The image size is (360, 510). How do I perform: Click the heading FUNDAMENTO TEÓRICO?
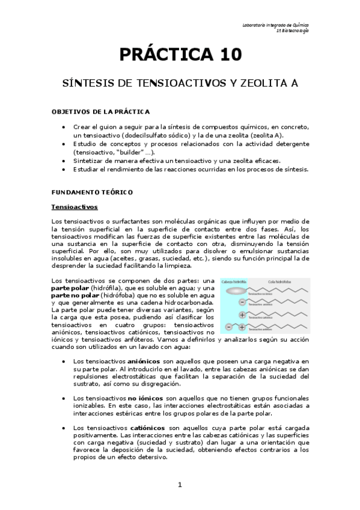pyautogui.click(x=87, y=191)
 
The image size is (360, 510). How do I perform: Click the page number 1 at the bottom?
pyautogui.click(x=180, y=484)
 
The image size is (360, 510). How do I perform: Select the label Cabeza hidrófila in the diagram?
pyautogui.click(x=235, y=281)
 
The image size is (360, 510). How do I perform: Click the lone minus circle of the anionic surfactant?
pyautogui.click(x=242, y=303)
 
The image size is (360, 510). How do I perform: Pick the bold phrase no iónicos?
pyautogui.click(x=143, y=398)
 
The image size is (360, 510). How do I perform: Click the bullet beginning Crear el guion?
pyautogui.click(x=64, y=127)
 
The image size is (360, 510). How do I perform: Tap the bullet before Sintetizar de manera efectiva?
pyautogui.click(x=64, y=161)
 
